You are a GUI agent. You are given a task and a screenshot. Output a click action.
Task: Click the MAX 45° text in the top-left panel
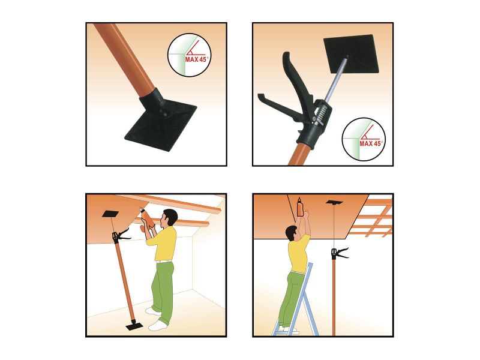pyautogui.click(x=197, y=59)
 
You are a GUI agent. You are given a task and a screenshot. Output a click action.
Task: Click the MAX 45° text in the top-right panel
pyautogui.click(x=371, y=143)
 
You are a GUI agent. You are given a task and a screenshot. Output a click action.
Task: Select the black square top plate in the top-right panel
pyautogui.click(x=352, y=54)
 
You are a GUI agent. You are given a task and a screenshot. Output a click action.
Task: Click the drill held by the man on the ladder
pyautogui.click(x=300, y=206)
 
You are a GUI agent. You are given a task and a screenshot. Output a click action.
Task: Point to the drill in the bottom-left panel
pyautogui.click(x=148, y=218)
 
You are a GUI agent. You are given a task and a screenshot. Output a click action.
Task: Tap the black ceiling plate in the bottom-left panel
pyautogui.click(x=110, y=214)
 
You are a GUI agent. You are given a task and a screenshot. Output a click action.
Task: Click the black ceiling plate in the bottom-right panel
pyautogui.click(x=334, y=202)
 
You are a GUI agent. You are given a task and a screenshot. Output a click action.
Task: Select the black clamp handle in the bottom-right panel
pyautogui.click(x=340, y=254)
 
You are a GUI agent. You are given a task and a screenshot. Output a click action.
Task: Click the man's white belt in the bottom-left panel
pyautogui.click(x=164, y=262)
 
